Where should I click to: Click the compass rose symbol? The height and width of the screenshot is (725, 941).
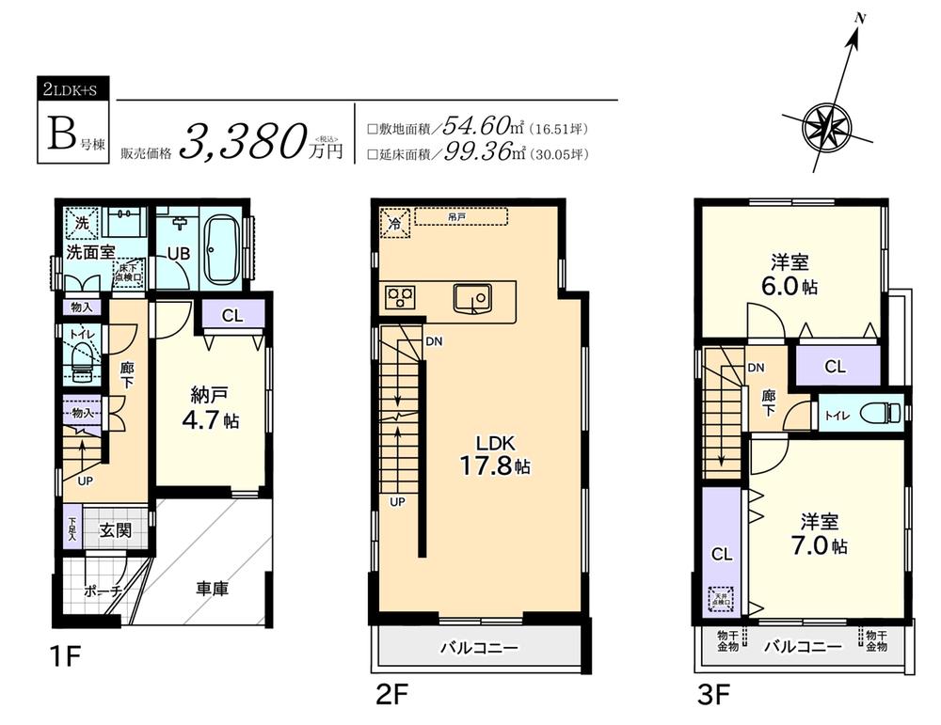[x=825, y=123]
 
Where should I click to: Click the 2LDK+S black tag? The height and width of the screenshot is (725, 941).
[x=76, y=90]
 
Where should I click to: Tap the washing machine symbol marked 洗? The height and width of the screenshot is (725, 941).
[x=82, y=226]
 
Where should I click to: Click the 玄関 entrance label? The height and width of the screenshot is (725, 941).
[x=115, y=530]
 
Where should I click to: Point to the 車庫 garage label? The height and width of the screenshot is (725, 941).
[x=213, y=590]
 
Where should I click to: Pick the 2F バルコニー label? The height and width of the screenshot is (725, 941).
[x=481, y=648]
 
